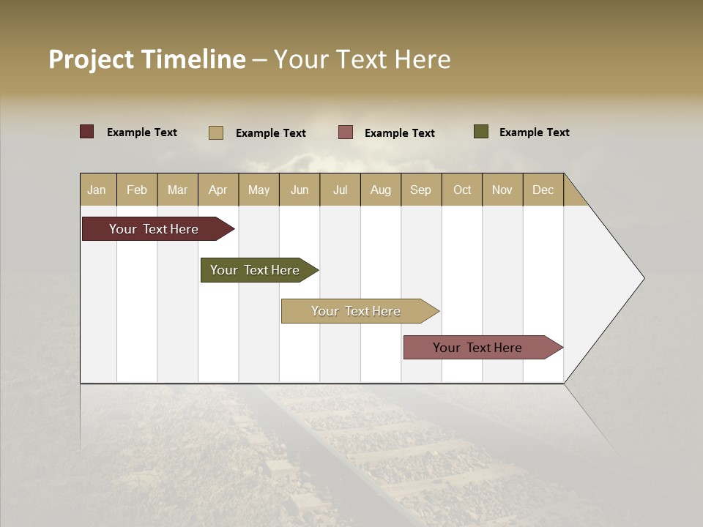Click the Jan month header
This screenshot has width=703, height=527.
(x=97, y=190)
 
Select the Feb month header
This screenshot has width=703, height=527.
(x=137, y=190)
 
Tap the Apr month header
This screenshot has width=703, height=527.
(x=217, y=190)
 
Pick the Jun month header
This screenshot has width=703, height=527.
(x=300, y=190)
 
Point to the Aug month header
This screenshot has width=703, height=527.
(x=380, y=190)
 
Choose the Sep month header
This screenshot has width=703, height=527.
(x=420, y=190)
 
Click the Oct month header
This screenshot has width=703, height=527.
(x=462, y=190)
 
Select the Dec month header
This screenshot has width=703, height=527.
(x=543, y=190)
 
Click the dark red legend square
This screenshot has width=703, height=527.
(x=87, y=132)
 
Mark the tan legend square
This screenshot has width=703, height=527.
(x=216, y=132)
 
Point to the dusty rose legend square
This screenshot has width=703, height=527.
(x=346, y=132)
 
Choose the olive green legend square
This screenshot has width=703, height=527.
(x=481, y=132)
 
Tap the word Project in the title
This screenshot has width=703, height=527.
(x=92, y=59)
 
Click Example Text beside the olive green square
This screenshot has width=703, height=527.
(x=534, y=132)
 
